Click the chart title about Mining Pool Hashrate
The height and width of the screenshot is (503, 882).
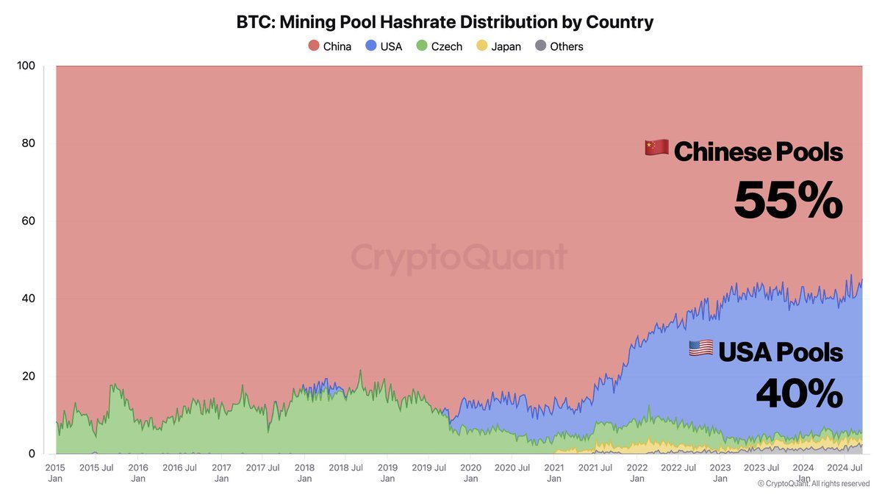point(445,22)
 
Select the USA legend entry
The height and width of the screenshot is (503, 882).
point(384,46)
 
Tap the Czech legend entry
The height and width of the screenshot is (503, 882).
point(439,46)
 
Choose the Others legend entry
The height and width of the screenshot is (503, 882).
point(559,46)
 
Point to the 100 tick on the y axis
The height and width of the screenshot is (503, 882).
point(26,65)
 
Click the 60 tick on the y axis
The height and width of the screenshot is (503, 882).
point(28,221)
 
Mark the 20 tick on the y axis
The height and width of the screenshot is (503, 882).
point(28,376)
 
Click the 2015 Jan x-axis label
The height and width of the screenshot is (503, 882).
point(55,472)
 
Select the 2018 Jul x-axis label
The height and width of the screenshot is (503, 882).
point(345,467)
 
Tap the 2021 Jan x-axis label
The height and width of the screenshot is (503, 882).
point(553,472)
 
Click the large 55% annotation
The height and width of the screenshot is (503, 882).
point(788,201)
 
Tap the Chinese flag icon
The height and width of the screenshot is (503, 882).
point(656,148)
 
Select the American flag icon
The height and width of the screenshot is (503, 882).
point(700,348)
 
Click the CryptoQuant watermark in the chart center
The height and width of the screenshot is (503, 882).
point(459,258)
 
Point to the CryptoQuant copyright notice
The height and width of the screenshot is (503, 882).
point(814,483)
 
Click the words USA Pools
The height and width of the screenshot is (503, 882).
point(780,353)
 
